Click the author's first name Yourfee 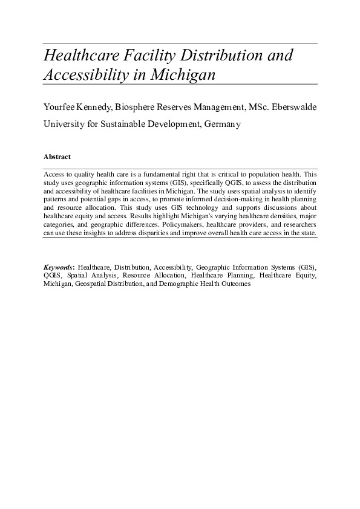click(x=61, y=107)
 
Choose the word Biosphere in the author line click(x=144, y=107)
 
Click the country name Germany click(x=222, y=125)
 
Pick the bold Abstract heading click(x=57, y=157)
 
